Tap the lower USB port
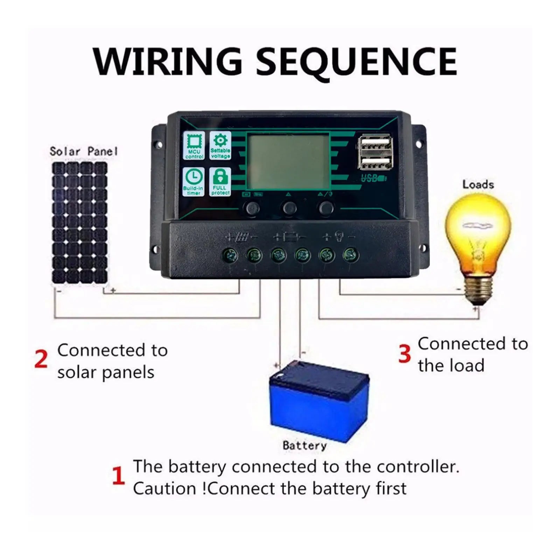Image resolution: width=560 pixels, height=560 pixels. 375,162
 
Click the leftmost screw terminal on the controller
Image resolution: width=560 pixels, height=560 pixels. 230,255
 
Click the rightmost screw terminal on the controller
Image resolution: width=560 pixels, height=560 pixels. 351,255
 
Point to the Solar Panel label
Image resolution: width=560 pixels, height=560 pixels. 83,152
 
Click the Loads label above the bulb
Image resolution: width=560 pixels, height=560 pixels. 478,184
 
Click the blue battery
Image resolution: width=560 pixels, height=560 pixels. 318,402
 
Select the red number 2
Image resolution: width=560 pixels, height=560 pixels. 41,359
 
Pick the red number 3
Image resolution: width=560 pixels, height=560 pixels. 404,353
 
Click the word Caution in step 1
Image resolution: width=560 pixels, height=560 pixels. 164,489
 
